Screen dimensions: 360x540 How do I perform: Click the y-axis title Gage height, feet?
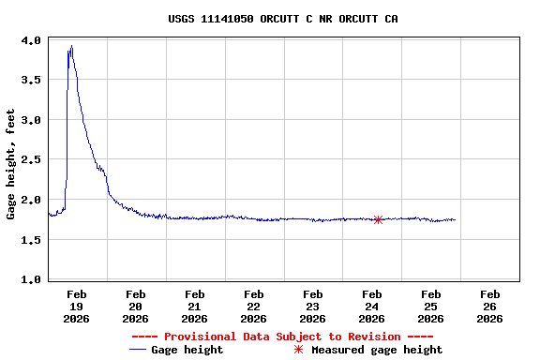tap(11, 164)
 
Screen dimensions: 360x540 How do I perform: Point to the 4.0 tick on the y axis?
tap(30, 40)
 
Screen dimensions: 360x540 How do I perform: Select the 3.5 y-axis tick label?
tap(30, 81)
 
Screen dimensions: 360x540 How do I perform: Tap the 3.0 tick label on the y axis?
tap(30, 120)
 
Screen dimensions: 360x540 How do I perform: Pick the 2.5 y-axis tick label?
tap(30, 160)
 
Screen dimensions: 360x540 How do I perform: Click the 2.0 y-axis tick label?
tap(30, 200)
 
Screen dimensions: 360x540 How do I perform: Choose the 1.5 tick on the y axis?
tap(30, 240)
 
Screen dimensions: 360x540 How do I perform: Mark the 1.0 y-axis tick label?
tap(30, 279)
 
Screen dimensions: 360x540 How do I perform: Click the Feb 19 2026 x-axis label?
tap(77, 306)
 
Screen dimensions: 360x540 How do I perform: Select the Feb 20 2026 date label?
tap(136, 306)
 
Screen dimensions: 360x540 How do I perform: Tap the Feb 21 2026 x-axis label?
tap(195, 306)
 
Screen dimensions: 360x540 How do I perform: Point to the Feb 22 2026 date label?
tap(254, 306)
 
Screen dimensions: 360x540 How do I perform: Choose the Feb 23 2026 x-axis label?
tap(313, 306)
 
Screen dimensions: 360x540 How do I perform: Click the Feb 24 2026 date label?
tap(372, 306)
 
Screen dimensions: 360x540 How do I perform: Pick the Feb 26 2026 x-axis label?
tap(490, 306)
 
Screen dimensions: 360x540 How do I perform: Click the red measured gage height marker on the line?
tap(378, 219)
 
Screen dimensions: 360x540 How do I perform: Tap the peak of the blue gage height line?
tap(71, 46)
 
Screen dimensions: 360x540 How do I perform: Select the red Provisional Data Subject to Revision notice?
tap(282, 337)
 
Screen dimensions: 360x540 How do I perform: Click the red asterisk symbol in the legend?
tap(299, 350)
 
